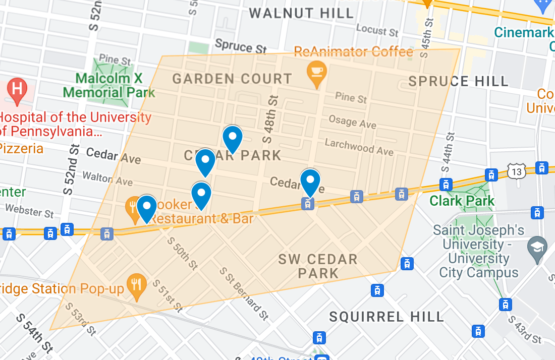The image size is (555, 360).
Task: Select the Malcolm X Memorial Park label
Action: (109, 85)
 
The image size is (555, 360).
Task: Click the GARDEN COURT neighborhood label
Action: (232, 79)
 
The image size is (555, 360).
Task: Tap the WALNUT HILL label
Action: (301, 13)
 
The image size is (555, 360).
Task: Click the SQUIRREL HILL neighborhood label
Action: (386, 317)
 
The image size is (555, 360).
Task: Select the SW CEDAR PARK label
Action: (318, 266)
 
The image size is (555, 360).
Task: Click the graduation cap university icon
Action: (537, 248)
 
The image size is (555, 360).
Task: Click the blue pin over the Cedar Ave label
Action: (310, 182)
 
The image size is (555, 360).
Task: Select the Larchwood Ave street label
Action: (359, 147)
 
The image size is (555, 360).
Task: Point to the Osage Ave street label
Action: (352, 122)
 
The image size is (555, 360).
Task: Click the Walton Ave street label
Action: (107, 178)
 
